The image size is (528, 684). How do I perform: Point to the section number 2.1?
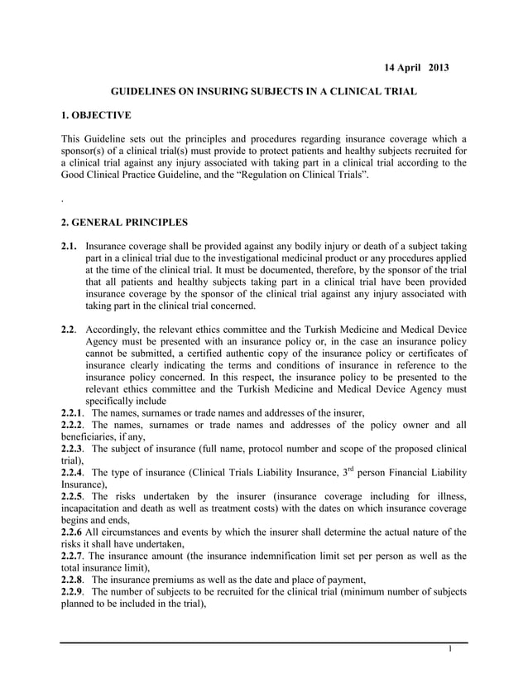pyautogui.click(x=71, y=247)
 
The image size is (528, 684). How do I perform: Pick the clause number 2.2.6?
pyautogui.click(x=74, y=532)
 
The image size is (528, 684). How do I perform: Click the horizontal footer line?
pyautogui.click(x=264, y=642)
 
